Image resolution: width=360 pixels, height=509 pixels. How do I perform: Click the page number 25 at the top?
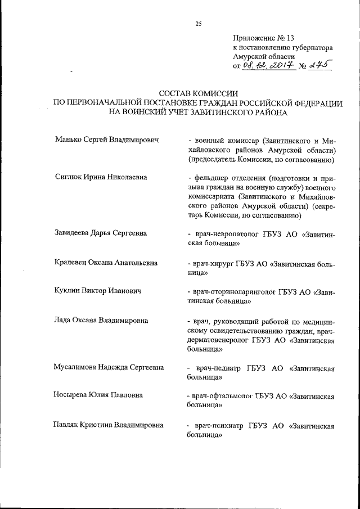198,23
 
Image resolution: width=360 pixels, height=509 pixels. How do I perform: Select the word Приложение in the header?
253,38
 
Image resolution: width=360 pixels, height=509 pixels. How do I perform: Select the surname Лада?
64,321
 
